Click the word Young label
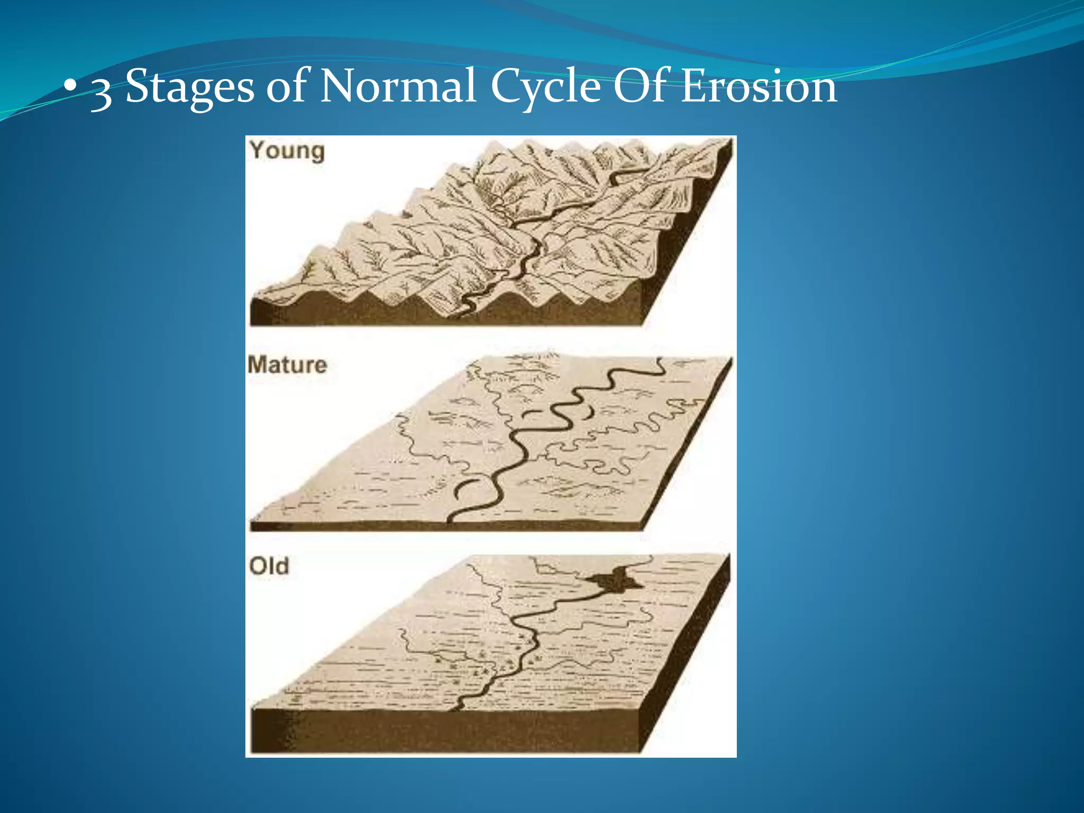(x=287, y=151)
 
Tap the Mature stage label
(x=287, y=365)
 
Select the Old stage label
(x=269, y=566)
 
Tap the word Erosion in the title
(x=758, y=86)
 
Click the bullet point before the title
(x=69, y=87)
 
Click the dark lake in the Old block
(x=614, y=581)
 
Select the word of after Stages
(x=286, y=86)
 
